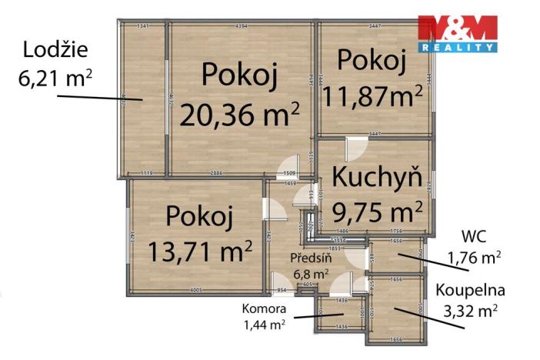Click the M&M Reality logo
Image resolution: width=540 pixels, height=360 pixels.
click(457, 33)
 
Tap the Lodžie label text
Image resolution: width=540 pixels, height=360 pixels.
click(55, 51)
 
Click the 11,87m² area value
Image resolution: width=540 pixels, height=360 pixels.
click(373, 96)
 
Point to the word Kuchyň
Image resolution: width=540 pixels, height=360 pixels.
click(376, 176)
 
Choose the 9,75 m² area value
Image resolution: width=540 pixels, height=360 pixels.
click(377, 209)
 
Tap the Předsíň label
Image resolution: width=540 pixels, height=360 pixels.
click(311, 258)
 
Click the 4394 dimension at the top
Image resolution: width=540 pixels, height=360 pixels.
click(241, 26)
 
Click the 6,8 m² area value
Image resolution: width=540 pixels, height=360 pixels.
click(311, 272)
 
